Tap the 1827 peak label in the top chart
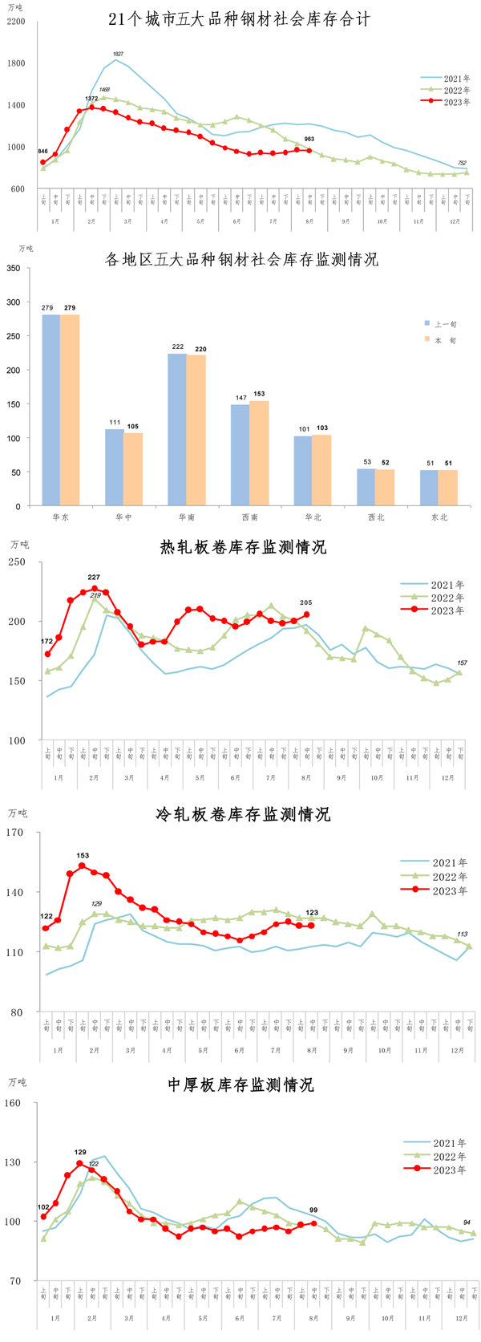pos(117,54)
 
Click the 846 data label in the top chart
pos(42,152)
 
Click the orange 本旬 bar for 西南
pos(259,452)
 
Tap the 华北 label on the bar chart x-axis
pos(313,517)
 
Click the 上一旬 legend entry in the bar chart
pos(445,324)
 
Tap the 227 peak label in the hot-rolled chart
pos(94,578)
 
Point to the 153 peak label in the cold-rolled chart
pos(83,856)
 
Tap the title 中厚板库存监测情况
pos(240,1085)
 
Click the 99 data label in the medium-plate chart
pos(313,1210)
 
